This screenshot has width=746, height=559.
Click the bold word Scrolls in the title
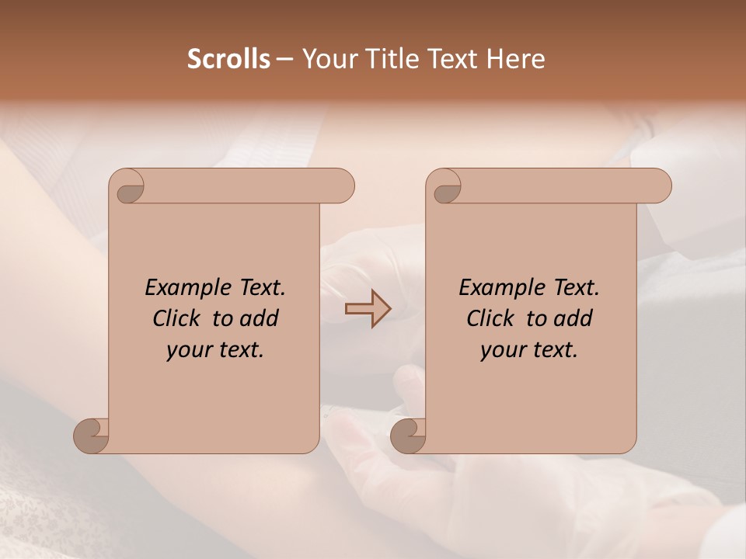pos(228,59)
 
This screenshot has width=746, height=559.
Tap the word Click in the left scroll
pos(180,318)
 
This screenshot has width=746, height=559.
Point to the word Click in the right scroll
pos(493,318)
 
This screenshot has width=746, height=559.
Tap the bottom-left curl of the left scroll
pos(91,435)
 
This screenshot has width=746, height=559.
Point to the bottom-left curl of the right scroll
pos(408,435)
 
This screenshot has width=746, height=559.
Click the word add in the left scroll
pos(258,318)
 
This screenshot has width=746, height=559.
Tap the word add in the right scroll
pos(572,318)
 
